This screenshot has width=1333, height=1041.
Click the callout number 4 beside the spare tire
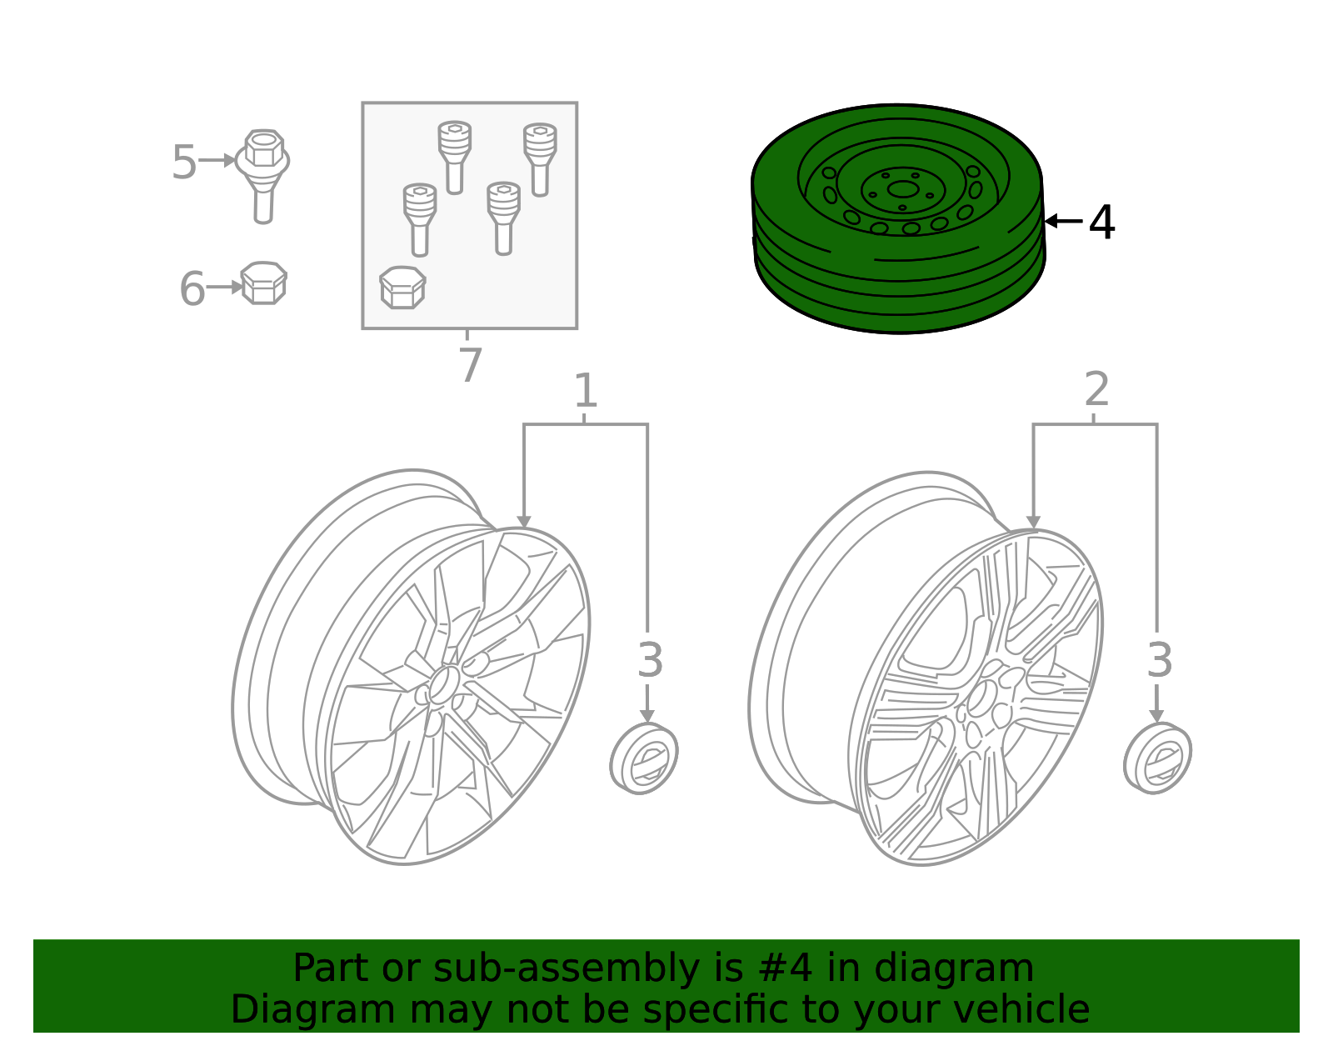tap(1101, 223)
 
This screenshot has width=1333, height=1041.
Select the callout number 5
tap(183, 162)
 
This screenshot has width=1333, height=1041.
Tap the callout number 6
tap(192, 288)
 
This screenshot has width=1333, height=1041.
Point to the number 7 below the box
tap(470, 365)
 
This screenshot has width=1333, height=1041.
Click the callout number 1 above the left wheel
tap(586, 391)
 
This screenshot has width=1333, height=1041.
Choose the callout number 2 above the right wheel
tap(1096, 389)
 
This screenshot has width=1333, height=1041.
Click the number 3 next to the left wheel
tap(650, 660)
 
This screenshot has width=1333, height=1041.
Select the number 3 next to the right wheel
tap(1159, 660)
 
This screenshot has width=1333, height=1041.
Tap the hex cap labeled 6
tap(263, 283)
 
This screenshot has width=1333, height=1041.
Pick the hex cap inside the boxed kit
tap(402, 288)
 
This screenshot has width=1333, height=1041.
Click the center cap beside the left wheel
tap(644, 758)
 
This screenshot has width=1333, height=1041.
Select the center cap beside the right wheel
tap(1157, 758)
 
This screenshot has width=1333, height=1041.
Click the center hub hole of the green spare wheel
tap(901, 189)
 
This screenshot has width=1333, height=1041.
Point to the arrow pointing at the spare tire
tap(1063, 221)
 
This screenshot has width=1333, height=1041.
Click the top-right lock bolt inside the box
tap(540, 158)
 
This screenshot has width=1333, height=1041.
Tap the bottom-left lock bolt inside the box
tap(420, 218)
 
